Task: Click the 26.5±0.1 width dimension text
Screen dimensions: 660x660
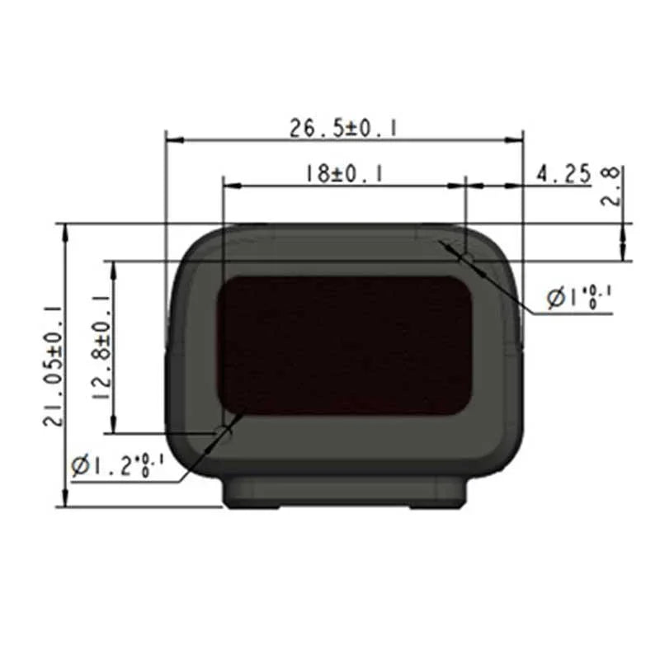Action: (x=344, y=128)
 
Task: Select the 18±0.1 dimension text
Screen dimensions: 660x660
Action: (x=344, y=174)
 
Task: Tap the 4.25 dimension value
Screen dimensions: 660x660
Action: (x=563, y=174)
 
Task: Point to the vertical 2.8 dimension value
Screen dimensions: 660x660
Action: (x=611, y=186)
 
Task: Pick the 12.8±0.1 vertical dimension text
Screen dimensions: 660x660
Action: (x=101, y=347)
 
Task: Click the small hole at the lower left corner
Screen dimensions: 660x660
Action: (x=223, y=431)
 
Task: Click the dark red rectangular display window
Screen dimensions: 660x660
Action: (x=345, y=345)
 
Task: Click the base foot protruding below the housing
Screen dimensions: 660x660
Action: (x=345, y=493)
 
